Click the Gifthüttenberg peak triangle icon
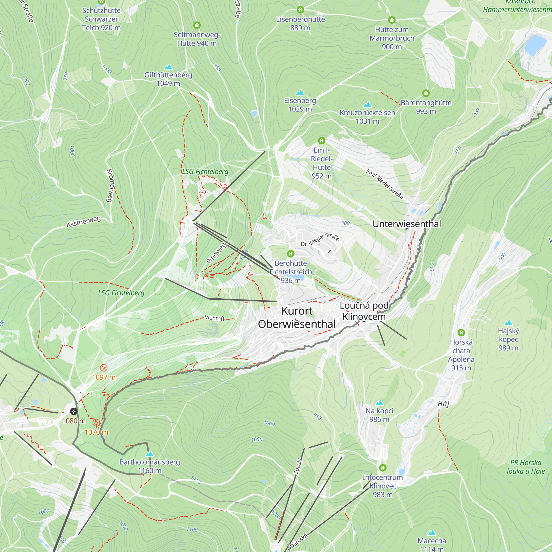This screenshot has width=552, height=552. pyautogui.click(x=168, y=67)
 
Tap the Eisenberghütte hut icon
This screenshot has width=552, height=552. pyautogui.click(x=300, y=10)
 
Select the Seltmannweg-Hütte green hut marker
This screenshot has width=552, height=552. pyautogui.click(x=197, y=25)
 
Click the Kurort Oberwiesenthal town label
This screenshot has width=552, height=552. pyautogui.click(x=297, y=317)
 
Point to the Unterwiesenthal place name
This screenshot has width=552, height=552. pyautogui.click(x=407, y=224)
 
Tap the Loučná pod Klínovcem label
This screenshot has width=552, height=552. pyautogui.click(x=364, y=311)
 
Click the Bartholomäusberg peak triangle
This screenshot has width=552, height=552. pyautogui.click(x=149, y=454)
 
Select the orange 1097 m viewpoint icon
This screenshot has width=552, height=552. pyautogui.click(x=104, y=368)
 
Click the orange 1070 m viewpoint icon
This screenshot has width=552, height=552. pyautogui.click(x=96, y=422)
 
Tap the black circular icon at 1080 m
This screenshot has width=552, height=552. pyautogui.click(x=73, y=412)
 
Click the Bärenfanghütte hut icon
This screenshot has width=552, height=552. pyautogui.click(x=426, y=93)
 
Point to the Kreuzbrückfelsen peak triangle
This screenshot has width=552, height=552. pyautogui.click(x=367, y=105)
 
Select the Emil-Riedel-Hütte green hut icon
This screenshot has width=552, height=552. pyautogui.click(x=322, y=140)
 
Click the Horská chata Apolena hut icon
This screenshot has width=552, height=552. pyautogui.click(x=461, y=333)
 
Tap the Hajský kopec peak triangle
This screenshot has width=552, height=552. pyautogui.click(x=508, y=323)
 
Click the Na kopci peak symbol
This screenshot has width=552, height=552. pyautogui.click(x=379, y=403)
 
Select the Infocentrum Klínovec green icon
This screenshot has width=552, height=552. pyautogui.click(x=383, y=468)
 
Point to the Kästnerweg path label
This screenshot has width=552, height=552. pyautogui.click(x=83, y=222)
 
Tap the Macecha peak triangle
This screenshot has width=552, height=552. pyautogui.click(x=432, y=533)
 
